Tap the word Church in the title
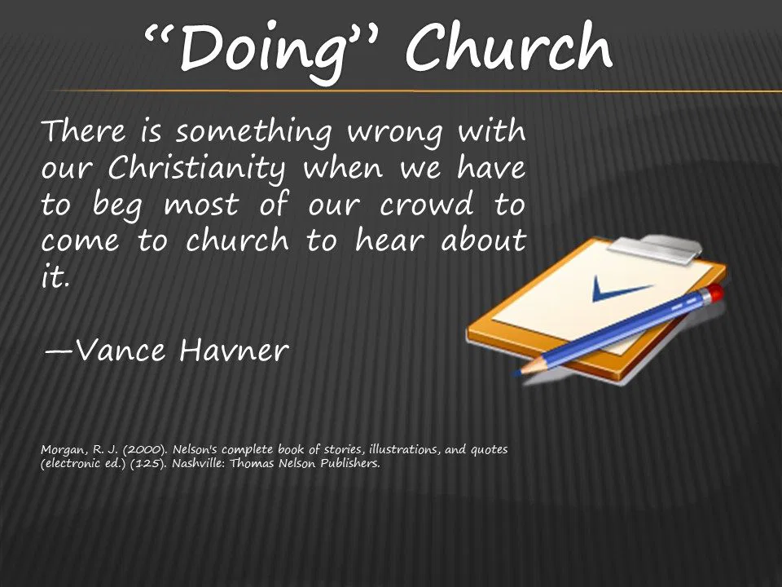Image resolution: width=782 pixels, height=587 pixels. coord(509,47)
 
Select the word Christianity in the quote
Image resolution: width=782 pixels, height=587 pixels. coord(197,168)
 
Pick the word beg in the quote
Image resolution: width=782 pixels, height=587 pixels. coord(117,205)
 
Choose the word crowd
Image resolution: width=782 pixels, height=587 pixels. coord(426,204)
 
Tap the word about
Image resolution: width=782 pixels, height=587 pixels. coord(484,240)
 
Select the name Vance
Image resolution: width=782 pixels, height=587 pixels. coord(121,350)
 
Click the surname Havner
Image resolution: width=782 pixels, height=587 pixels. coord(234,350)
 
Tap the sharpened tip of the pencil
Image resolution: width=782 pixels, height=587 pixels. coord(518,372)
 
